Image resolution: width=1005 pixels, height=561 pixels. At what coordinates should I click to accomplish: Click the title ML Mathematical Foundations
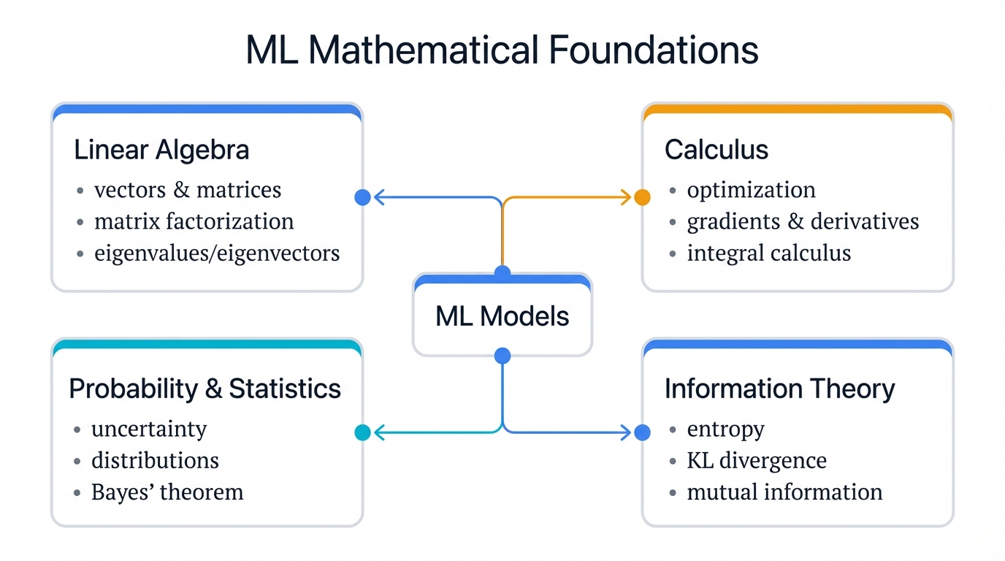tap(502, 50)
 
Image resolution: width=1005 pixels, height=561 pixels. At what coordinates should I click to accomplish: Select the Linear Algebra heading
tap(161, 150)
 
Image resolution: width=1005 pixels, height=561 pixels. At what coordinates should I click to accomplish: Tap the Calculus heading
tap(716, 150)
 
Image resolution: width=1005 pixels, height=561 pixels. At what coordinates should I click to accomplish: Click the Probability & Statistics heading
tap(205, 389)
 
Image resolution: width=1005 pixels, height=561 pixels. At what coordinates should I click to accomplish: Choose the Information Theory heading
tap(779, 389)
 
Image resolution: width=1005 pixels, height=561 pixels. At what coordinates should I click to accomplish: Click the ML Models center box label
tap(502, 316)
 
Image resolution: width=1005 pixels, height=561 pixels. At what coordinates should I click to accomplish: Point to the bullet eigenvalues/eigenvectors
tap(217, 253)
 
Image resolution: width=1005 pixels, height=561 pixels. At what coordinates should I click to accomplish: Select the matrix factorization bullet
tap(194, 221)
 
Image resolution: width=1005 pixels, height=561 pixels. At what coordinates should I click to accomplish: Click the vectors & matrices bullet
tap(188, 190)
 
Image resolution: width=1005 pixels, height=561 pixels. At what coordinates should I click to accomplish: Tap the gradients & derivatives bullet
tap(803, 221)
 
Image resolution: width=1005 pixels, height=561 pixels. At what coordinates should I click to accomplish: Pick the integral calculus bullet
tap(768, 253)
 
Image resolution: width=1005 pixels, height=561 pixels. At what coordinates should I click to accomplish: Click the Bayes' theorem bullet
tap(167, 492)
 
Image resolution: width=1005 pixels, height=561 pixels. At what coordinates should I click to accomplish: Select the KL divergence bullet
tap(757, 460)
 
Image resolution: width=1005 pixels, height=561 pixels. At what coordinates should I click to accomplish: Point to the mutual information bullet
tap(784, 492)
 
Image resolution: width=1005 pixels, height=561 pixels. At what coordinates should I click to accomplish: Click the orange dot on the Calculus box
tap(642, 197)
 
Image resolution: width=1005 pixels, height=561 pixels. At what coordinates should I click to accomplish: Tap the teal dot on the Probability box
tap(362, 432)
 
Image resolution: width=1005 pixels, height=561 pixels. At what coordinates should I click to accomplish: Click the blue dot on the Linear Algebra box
tap(362, 197)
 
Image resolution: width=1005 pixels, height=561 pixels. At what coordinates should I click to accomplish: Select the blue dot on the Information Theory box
tap(642, 432)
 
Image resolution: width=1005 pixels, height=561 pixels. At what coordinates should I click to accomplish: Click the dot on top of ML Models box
tap(502, 273)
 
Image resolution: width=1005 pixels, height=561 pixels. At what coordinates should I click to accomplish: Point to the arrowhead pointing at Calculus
tap(626, 197)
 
